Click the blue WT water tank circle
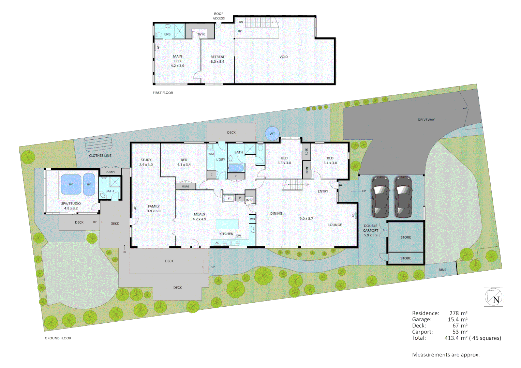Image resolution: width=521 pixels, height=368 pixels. (x=272, y=134)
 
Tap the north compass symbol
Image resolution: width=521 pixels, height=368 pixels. (x=493, y=297)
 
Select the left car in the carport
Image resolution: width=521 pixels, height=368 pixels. (x=380, y=197)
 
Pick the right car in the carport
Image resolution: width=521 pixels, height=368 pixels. (x=403, y=197)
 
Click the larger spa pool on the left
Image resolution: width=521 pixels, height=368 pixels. (x=71, y=184)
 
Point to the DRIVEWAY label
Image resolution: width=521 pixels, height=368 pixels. (x=426, y=120)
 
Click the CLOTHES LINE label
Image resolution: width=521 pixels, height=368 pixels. (x=100, y=156)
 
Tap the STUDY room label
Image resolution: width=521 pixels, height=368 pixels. (x=146, y=160)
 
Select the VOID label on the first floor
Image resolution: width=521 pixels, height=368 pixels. (x=283, y=57)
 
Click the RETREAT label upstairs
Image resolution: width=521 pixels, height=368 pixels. (x=218, y=57)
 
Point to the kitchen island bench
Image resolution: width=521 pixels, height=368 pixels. (x=227, y=224)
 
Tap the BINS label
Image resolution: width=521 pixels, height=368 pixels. (x=442, y=270)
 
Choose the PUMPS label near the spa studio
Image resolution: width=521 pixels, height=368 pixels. (x=110, y=172)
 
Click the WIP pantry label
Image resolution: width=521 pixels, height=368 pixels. (x=249, y=200)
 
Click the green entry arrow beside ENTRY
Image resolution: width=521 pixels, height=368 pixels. (x=340, y=185)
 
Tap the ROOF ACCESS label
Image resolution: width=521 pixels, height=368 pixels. (x=219, y=16)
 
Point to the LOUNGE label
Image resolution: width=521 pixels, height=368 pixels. (x=335, y=225)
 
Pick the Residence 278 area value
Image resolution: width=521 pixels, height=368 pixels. (x=454, y=313)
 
